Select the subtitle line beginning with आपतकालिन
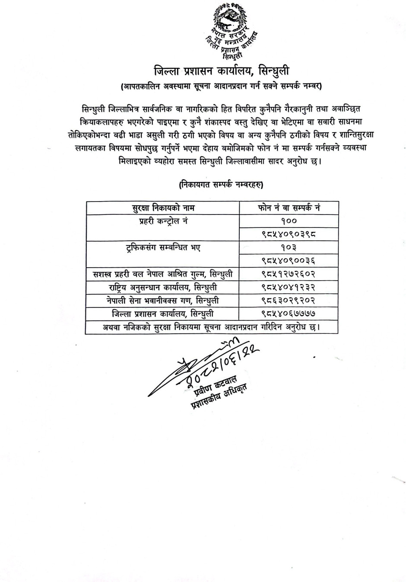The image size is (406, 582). click(x=221, y=86)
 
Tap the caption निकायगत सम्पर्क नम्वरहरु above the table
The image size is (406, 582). click(x=221, y=185)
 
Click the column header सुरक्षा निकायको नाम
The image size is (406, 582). click(x=163, y=208)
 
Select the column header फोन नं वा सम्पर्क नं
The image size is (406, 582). click(x=289, y=208)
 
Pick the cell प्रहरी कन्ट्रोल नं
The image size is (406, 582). click(x=163, y=221)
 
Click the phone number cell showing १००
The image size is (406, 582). click(x=288, y=221)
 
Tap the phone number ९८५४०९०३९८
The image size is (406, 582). click(x=288, y=234)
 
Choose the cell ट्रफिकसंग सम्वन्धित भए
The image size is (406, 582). click(x=163, y=248)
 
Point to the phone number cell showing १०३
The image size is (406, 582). click(x=288, y=248)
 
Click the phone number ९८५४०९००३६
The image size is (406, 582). click(x=288, y=261)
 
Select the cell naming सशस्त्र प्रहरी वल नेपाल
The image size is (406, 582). click(x=163, y=274)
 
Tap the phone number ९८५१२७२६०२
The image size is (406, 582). click(x=288, y=274)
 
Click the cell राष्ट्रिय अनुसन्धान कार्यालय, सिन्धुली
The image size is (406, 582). click(x=163, y=287)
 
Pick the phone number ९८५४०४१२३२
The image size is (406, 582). click(x=288, y=287)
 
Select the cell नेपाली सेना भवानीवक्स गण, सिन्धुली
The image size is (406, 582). click(x=163, y=301)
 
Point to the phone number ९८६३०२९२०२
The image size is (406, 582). click(x=288, y=301)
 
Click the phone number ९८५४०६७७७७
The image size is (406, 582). click(x=288, y=313)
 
